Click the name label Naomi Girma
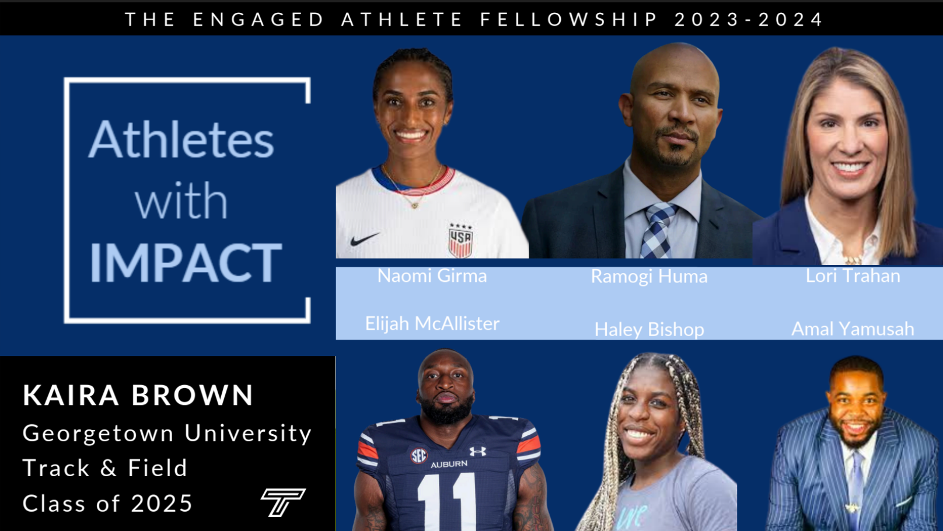[432, 276]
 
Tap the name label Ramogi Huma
[649, 277]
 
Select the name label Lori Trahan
[853, 276]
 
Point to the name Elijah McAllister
[432, 323]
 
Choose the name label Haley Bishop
[649, 329]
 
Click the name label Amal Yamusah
[853, 329]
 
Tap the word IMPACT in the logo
[185, 263]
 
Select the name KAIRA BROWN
[138, 395]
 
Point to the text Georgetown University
[167, 434]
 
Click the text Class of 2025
[107, 503]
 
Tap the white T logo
[283, 502]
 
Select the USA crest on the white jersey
[460, 240]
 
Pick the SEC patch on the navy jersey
[418, 456]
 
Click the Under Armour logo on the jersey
[478, 452]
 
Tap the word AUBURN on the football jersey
[449, 464]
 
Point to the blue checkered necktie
[658, 230]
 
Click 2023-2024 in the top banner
[749, 19]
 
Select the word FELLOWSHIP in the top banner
[569, 19]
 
